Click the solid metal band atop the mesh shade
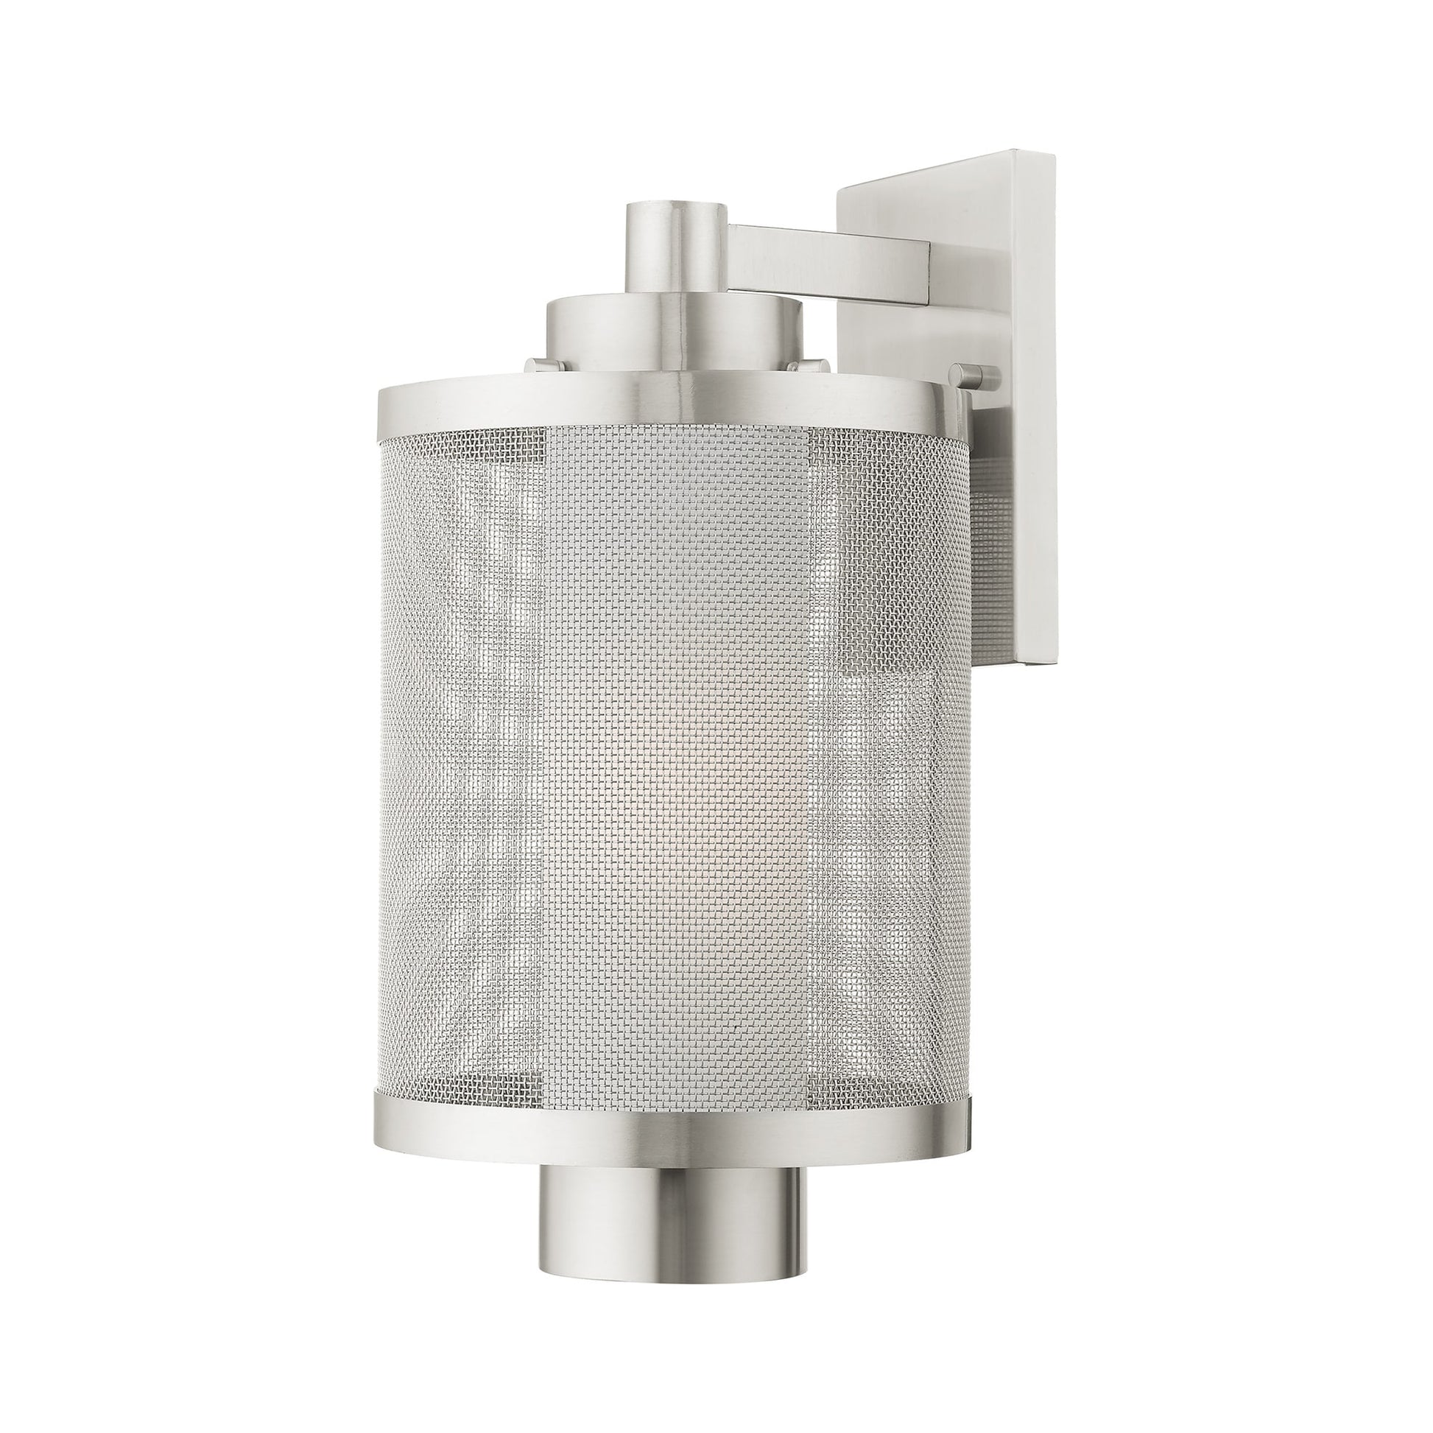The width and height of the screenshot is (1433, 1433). (668, 408)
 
